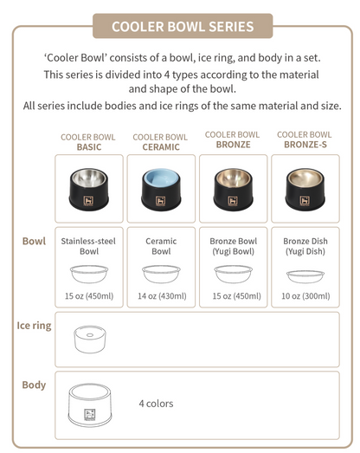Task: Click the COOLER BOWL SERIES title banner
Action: pos(182,26)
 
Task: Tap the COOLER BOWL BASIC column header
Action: pos(88,142)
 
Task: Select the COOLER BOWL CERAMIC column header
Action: pos(160,142)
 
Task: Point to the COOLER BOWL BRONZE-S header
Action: pos(304,140)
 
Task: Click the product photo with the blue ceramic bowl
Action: pos(161,189)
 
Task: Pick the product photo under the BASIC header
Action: pos(89,189)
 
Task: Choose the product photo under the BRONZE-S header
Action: pos(305,189)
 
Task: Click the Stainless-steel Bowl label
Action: pos(89,245)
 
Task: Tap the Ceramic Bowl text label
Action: pos(161,245)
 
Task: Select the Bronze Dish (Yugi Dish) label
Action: pos(305,245)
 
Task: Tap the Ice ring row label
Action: pos(34,326)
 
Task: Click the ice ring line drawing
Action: pos(90,339)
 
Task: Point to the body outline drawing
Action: pos(90,402)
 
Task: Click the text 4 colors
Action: pos(156,404)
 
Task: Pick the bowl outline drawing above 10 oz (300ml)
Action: pos(305,275)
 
